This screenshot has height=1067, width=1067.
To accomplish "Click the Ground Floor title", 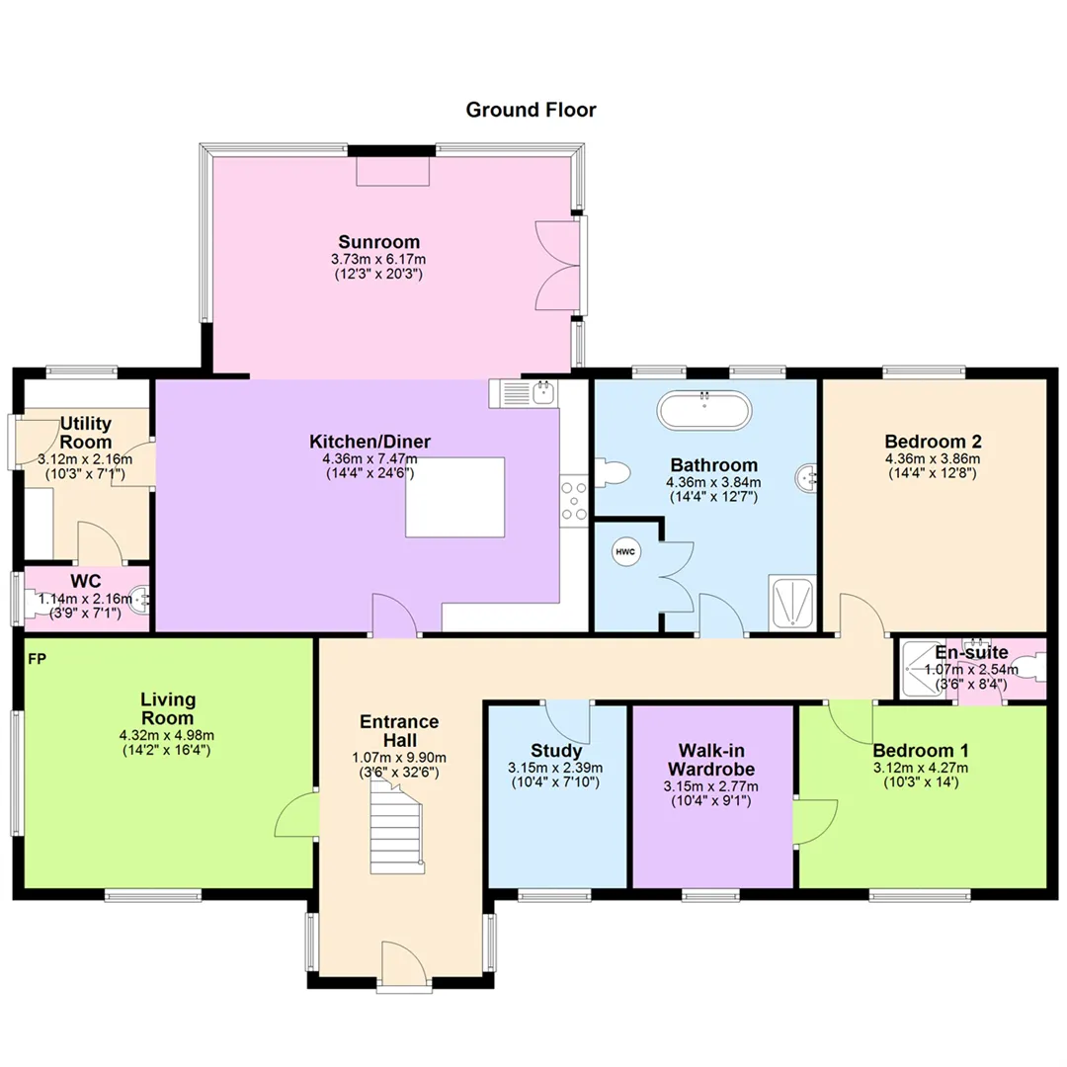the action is pos(531,110).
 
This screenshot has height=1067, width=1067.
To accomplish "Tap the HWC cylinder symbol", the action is pos(625,551).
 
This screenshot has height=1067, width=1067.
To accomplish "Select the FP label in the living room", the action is pos(38,659).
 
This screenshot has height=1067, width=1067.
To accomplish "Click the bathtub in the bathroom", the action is pos(704,410).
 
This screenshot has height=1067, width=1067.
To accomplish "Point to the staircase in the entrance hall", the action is pos(397,827).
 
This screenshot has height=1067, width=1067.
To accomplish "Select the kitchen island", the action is pos(455,497).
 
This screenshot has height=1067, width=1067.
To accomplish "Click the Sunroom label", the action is pos(379,242).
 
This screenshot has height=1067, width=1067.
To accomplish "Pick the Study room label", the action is pos(556,751).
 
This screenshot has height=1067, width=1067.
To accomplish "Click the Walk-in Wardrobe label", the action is pos(711,760).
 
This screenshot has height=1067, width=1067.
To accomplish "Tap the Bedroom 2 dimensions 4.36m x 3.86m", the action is pos(933,458).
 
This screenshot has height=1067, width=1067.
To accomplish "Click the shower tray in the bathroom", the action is pos(792,603).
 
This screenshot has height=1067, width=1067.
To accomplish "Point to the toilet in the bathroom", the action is pos(613,473).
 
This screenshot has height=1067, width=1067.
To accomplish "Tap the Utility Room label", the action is pos(86,432).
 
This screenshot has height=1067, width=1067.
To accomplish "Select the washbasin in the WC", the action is pos(141,600).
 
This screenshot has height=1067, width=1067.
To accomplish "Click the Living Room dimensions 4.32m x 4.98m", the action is pos(167,735).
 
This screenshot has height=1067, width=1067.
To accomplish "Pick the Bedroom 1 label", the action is pos(920,751).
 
